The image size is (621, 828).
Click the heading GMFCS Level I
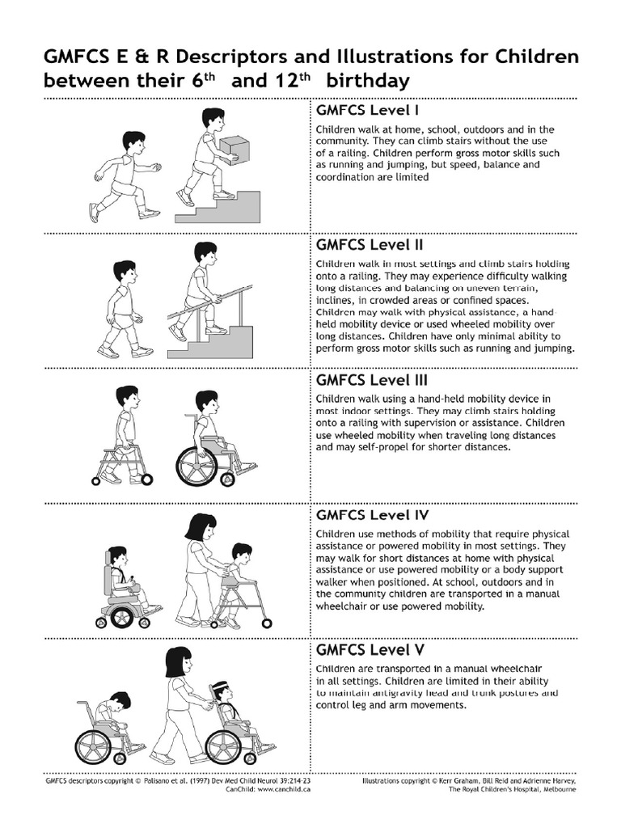(368, 110)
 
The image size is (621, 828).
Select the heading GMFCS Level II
(370, 245)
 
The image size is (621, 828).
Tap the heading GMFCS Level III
(372, 380)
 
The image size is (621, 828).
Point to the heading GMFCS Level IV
(372, 515)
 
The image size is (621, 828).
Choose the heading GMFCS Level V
(370, 649)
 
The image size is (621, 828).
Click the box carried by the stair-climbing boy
(234, 149)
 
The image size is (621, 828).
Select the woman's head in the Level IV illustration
(201, 529)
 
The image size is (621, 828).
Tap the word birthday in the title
(368, 82)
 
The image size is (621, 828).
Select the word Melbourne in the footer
(560, 789)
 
